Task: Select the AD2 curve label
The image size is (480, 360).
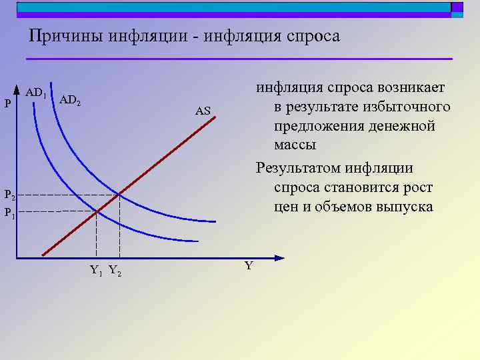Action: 70,101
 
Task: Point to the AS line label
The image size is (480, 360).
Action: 203,111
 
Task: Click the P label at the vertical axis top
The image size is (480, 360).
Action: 7,103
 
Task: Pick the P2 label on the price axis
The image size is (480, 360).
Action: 9,195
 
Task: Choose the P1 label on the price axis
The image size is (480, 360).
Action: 9,213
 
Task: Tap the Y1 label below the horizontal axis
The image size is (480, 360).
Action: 96,271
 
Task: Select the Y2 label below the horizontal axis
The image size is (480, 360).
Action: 115,271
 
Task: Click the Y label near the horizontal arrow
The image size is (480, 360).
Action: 249,266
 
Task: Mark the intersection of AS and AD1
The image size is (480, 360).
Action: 97,212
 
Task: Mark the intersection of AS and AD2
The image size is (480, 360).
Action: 119,194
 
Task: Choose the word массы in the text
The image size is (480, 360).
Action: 294,145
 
